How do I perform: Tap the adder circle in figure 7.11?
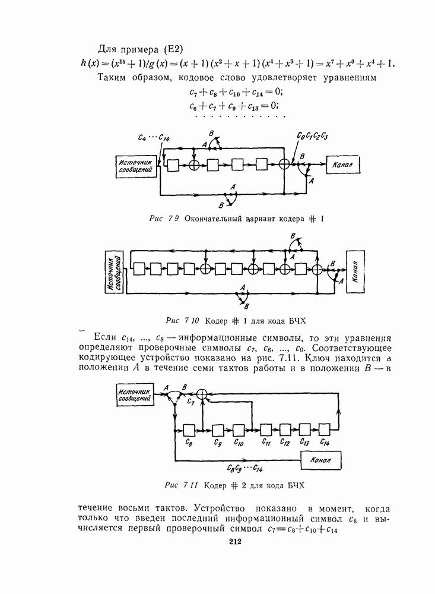point(203,394)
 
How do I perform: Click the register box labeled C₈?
point(190,429)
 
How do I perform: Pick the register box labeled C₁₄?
point(324,429)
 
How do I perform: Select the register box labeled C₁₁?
point(266,429)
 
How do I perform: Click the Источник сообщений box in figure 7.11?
point(135,394)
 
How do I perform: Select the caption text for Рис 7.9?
point(236,219)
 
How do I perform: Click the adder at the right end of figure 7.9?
point(286,164)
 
